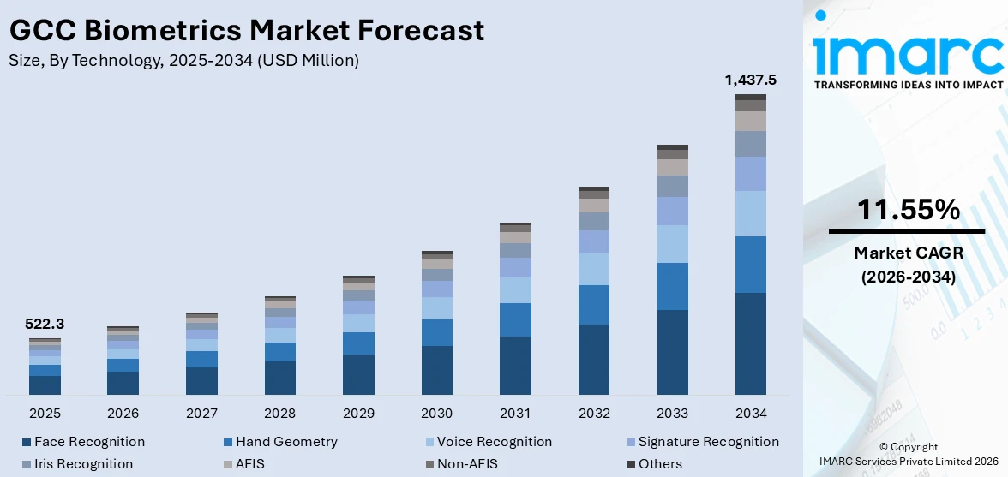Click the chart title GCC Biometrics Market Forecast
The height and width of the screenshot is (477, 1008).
247,30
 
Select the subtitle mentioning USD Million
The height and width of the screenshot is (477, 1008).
183,60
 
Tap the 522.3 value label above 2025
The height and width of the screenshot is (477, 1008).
45,324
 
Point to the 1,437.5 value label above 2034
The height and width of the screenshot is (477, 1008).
750,80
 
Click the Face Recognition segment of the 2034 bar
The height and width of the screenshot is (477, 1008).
751,343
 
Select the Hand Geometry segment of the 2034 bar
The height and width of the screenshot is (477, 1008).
751,264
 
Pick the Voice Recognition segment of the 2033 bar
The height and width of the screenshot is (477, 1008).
672,243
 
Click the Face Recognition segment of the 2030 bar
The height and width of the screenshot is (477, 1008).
437,370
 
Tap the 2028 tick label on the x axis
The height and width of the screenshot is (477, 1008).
280,414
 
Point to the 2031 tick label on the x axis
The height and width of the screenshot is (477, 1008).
515,414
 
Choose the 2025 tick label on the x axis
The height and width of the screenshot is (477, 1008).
45,414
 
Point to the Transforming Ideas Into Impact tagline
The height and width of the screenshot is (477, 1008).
907,85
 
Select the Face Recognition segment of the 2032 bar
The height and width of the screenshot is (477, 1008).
594,359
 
